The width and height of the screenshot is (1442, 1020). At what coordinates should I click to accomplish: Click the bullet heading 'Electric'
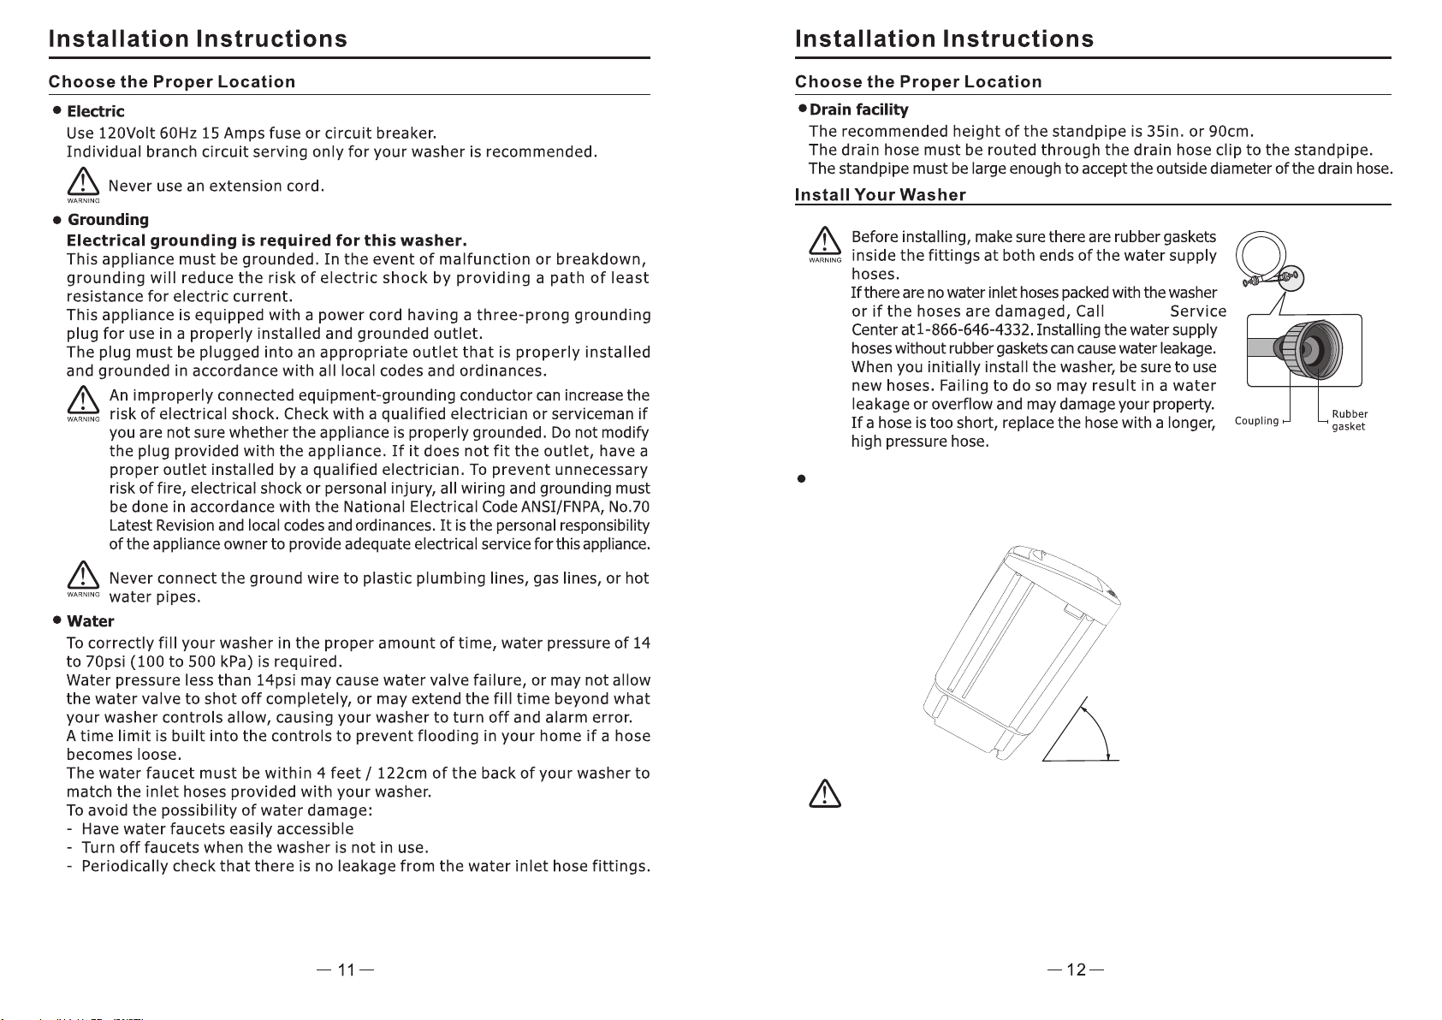click(x=95, y=111)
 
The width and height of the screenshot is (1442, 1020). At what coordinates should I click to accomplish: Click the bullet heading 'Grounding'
click(x=108, y=220)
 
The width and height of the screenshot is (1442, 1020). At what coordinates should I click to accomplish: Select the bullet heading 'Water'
click(x=90, y=621)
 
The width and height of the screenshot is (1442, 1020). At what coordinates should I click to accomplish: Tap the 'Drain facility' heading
click(x=858, y=110)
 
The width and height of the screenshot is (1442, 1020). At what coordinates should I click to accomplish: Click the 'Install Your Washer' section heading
click(x=880, y=195)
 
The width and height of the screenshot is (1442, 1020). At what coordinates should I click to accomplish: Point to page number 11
click(x=346, y=970)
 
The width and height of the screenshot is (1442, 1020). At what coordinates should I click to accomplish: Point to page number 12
click(x=1077, y=970)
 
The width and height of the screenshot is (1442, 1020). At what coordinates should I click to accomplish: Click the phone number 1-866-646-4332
click(x=971, y=330)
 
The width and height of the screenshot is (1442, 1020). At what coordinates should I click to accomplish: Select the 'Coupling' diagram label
click(x=1256, y=421)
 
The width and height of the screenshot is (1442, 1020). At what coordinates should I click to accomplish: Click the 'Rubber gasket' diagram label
click(x=1349, y=420)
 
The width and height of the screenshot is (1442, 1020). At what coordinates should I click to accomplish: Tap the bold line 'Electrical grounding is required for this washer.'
click(x=266, y=239)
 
